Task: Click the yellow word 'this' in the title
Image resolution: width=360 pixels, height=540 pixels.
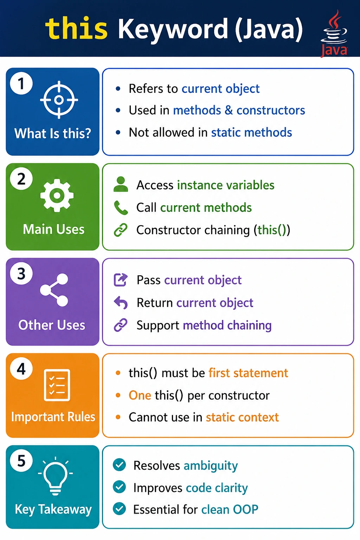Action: coord(76,28)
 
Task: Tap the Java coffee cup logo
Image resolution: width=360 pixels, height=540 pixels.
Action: coord(334,33)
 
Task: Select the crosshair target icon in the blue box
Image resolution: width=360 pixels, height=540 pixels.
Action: coord(59,99)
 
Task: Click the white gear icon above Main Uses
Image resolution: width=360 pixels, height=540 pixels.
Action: coord(57,195)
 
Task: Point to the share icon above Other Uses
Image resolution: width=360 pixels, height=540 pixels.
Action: coord(54,290)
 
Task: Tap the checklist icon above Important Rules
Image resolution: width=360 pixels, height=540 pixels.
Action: coord(57,385)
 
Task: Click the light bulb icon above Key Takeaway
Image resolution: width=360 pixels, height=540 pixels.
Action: coord(56,476)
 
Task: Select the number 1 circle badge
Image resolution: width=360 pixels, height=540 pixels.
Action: coord(21,83)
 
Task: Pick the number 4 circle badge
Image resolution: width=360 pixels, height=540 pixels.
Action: coord(21,369)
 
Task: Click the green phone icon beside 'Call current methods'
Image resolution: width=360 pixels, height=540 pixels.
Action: coord(121,207)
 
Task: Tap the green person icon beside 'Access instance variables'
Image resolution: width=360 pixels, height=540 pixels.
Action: coord(121,184)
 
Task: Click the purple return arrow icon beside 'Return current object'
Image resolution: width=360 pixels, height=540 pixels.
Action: coord(121,303)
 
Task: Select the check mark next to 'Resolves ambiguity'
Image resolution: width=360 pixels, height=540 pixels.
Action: coord(120,464)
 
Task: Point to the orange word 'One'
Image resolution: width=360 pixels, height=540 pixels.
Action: coord(140,396)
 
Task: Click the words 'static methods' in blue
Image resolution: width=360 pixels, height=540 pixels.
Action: coord(251,132)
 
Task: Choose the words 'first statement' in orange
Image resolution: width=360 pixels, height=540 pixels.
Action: coord(248,373)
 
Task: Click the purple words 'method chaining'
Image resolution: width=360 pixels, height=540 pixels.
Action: coord(227,325)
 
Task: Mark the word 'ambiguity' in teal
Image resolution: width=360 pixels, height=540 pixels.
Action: coord(211,466)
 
